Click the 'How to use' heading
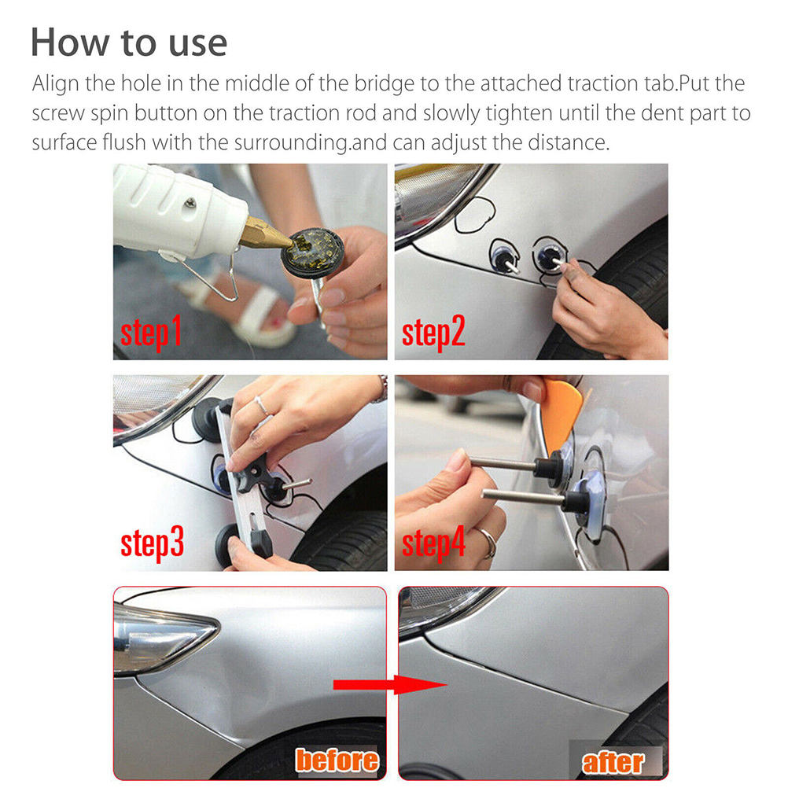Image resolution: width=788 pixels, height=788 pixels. (x=129, y=42)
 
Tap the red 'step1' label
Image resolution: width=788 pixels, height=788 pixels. (x=151, y=333)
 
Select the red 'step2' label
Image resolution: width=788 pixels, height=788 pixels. (x=433, y=333)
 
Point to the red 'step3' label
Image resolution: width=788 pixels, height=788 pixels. (x=152, y=543)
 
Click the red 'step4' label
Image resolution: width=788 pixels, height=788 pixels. (x=433, y=543)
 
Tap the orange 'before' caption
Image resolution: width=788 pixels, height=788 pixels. (x=337, y=760)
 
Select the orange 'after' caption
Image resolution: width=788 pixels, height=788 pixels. (x=613, y=763)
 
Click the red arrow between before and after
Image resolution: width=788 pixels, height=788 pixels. (x=390, y=684)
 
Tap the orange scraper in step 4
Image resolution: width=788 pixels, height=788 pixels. (x=561, y=413)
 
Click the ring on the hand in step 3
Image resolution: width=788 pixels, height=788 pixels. (x=261, y=404)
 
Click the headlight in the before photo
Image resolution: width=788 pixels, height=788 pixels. (x=160, y=641)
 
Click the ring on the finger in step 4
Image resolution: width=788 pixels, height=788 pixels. (x=488, y=543)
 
